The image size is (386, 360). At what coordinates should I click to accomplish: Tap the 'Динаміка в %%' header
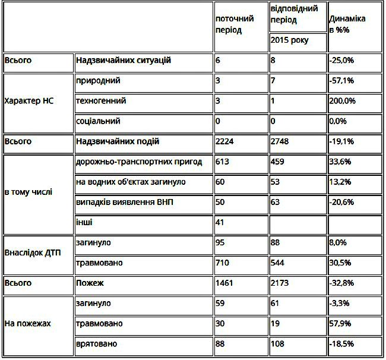[x=347, y=24]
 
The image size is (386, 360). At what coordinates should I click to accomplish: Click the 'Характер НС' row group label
[x=29, y=101]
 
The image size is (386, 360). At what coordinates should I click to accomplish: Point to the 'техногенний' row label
[x=101, y=101]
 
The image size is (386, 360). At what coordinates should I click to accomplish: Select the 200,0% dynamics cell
[x=342, y=101]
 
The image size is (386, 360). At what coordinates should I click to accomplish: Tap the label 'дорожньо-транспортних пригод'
[x=140, y=162]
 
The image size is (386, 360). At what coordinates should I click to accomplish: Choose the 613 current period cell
[x=223, y=162]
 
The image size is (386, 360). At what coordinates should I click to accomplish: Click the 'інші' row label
[x=85, y=223]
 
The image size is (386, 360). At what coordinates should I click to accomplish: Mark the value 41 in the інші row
[x=220, y=223]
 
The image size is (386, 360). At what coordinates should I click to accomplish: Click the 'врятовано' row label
[x=97, y=344]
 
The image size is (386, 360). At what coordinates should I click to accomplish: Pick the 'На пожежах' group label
[x=27, y=324]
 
